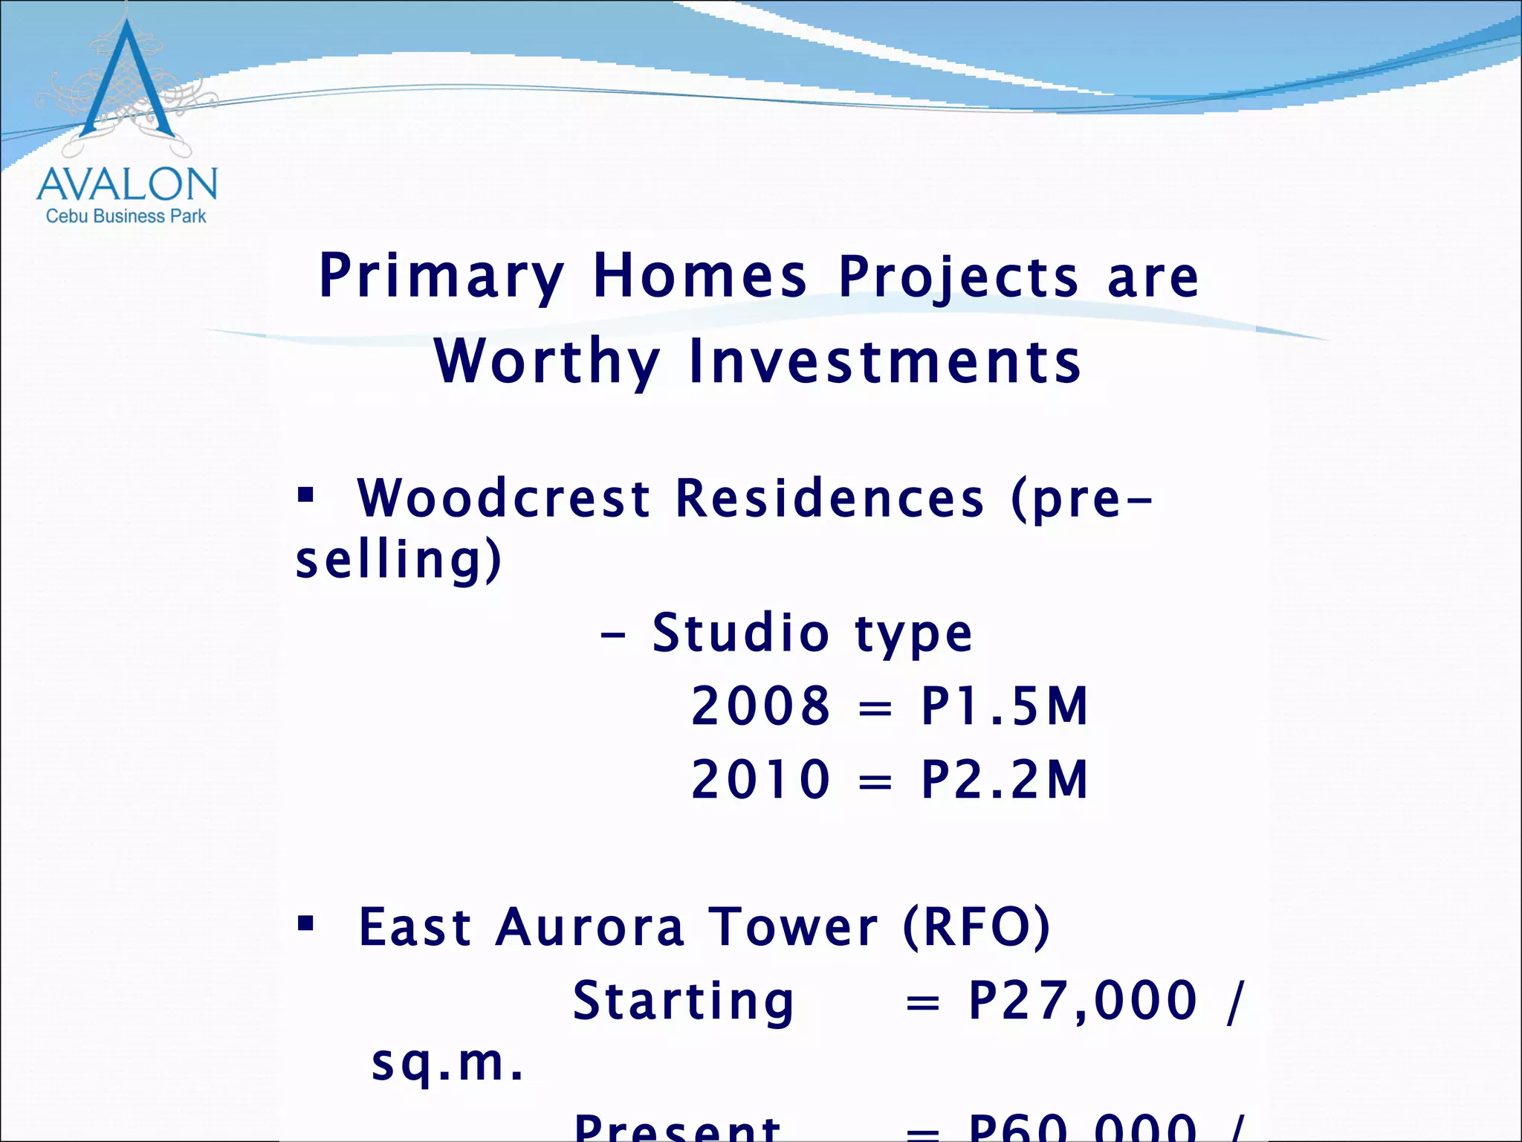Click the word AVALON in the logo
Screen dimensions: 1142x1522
pyautogui.click(x=126, y=184)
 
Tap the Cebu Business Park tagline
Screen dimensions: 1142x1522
pyautogui.click(x=126, y=216)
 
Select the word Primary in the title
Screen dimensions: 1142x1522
pyautogui.click(x=441, y=277)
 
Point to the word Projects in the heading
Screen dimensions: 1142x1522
pyautogui.click(x=958, y=277)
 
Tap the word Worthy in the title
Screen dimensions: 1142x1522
pyautogui.click(x=548, y=361)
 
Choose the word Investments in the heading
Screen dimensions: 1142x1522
pyautogui.click(x=884, y=361)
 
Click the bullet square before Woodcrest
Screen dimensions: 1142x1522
pyautogui.click(x=305, y=494)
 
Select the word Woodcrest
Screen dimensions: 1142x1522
pyautogui.click(x=504, y=497)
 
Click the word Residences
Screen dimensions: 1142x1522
pyautogui.click(x=830, y=497)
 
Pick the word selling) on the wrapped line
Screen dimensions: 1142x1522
pyautogui.click(x=398, y=559)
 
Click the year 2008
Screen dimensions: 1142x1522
pyautogui.click(x=760, y=706)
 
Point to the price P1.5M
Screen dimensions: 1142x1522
pyautogui.click(x=1004, y=706)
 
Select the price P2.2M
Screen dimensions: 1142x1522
pyautogui.click(x=1004, y=779)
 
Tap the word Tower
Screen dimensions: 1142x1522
pyautogui.click(x=793, y=927)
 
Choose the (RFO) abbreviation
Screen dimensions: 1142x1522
pyautogui.click(x=977, y=927)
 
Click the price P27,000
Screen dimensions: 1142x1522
pyautogui.click(x=1082, y=1000)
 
